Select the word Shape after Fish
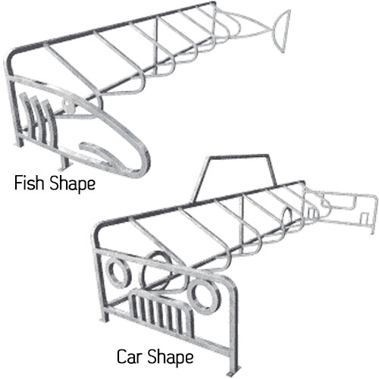click(x=73, y=184)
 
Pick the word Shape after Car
click(x=171, y=358)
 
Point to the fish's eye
click(x=67, y=105)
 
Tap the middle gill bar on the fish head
click(x=37, y=119)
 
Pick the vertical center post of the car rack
click(x=241, y=222)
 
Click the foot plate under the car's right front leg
click(x=234, y=374)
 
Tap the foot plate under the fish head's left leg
click(x=18, y=145)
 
